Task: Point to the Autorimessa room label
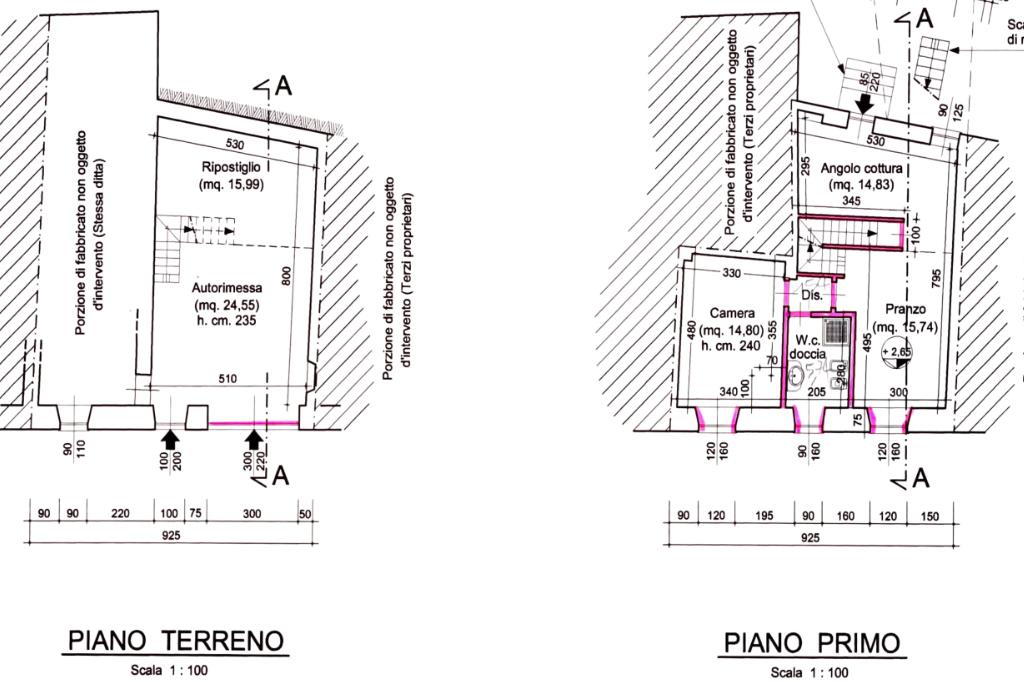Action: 227,286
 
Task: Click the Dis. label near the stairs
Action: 811,295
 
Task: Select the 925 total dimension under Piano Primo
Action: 811,537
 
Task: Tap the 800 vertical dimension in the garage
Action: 286,276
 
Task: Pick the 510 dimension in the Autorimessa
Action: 228,378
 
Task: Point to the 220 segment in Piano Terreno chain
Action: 121,513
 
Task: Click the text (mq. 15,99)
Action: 231,186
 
